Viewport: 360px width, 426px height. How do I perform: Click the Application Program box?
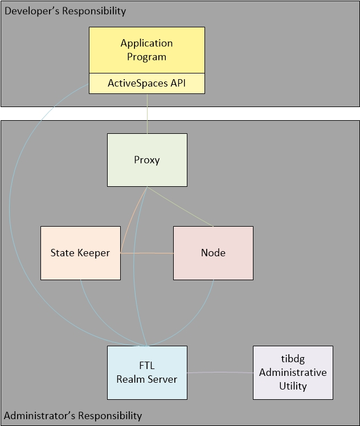click(x=147, y=50)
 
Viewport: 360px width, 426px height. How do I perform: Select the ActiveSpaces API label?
click(x=147, y=83)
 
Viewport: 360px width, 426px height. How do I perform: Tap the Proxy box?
click(x=147, y=159)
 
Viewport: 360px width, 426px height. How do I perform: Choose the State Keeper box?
click(x=80, y=253)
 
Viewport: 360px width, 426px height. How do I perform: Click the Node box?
click(x=213, y=253)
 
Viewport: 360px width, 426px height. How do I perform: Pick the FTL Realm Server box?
click(x=147, y=373)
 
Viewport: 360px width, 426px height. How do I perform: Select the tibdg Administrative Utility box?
click(x=293, y=372)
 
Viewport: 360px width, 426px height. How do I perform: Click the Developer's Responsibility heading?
click(x=65, y=11)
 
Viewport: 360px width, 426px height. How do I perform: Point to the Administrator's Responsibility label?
click(x=73, y=415)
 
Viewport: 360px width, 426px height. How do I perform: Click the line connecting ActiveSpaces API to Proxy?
click(x=147, y=113)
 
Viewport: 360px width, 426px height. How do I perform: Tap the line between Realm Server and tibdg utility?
click(x=220, y=373)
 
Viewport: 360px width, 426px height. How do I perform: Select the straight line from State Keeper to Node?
click(x=147, y=252)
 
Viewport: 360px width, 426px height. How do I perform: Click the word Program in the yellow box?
click(x=147, y=57)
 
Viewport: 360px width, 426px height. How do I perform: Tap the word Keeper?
click(x=95, y=253)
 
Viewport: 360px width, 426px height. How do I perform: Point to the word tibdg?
click(x=293, y=359)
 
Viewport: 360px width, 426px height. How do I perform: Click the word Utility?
click(x=293, y=386)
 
